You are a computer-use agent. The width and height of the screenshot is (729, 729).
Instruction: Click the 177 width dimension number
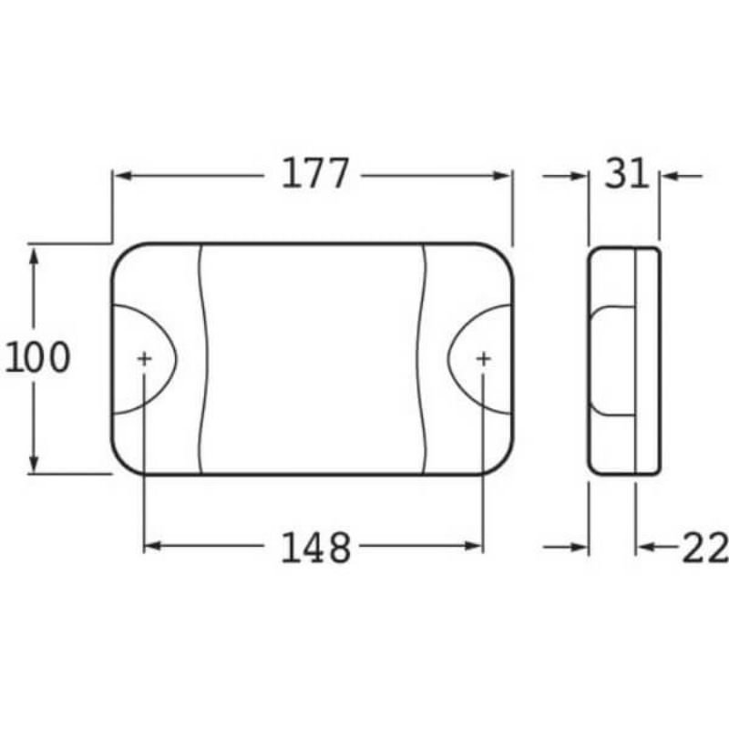(314, 174)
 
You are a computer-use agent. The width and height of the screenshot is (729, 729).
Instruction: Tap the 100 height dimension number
(37, 357)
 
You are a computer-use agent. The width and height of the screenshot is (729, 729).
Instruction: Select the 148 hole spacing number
(315, 548)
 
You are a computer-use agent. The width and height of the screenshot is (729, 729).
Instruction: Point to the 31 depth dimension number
(626, 173)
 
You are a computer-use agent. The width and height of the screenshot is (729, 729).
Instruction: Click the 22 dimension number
(704, 548)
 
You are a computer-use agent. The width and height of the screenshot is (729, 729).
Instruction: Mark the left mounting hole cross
(145, 358)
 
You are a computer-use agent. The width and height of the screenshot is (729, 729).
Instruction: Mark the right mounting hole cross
(484, 358)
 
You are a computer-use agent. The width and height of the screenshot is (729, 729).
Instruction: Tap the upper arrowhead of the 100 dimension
(34, 256)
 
